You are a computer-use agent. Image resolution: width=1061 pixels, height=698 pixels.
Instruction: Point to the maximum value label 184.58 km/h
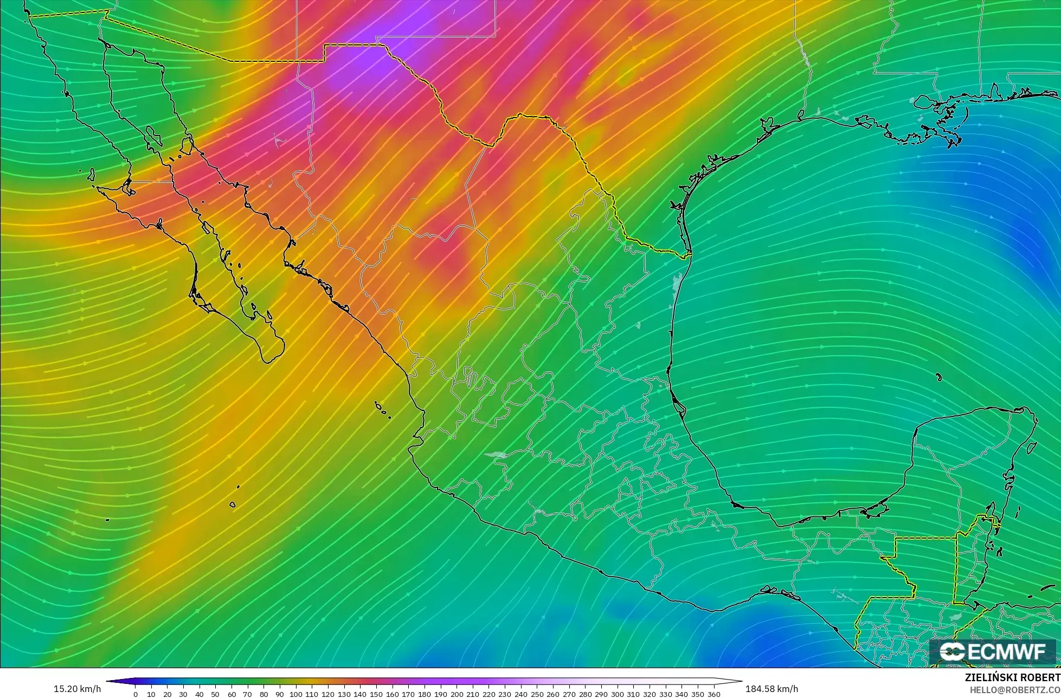click(771, 689)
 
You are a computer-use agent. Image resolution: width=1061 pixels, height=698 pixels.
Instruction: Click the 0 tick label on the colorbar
click(135, 694)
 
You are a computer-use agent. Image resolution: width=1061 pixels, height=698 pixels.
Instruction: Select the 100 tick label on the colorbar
click(295, 694)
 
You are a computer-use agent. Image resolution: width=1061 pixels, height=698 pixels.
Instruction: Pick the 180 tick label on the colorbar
click(424, 694)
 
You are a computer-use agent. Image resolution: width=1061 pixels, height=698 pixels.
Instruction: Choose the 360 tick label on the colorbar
click(713, 694)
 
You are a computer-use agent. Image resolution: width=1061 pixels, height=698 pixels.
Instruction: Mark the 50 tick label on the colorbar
click(215, 694)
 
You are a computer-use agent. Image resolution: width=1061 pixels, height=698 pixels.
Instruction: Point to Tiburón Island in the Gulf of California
click(187, 145)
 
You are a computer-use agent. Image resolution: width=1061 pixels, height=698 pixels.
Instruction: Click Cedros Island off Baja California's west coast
click(91, 175)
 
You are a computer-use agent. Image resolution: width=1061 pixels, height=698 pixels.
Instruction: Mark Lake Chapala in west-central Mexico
click(496, 455)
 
